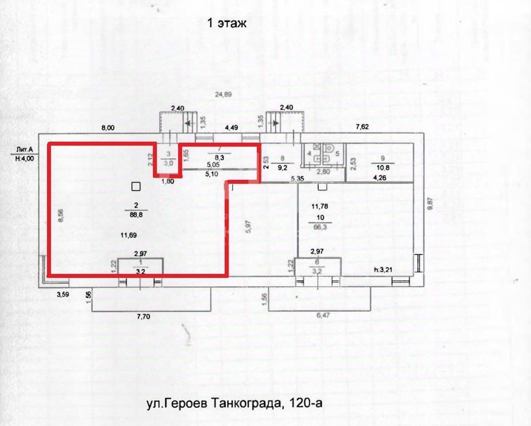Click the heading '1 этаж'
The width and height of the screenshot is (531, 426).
point(226,23)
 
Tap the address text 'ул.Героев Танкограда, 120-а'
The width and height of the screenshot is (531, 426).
point(234,403)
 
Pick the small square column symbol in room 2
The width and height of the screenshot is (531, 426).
point(136,186)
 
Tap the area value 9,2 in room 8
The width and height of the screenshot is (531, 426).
point(282,167)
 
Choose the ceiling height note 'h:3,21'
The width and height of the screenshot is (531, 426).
point(384,269)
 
